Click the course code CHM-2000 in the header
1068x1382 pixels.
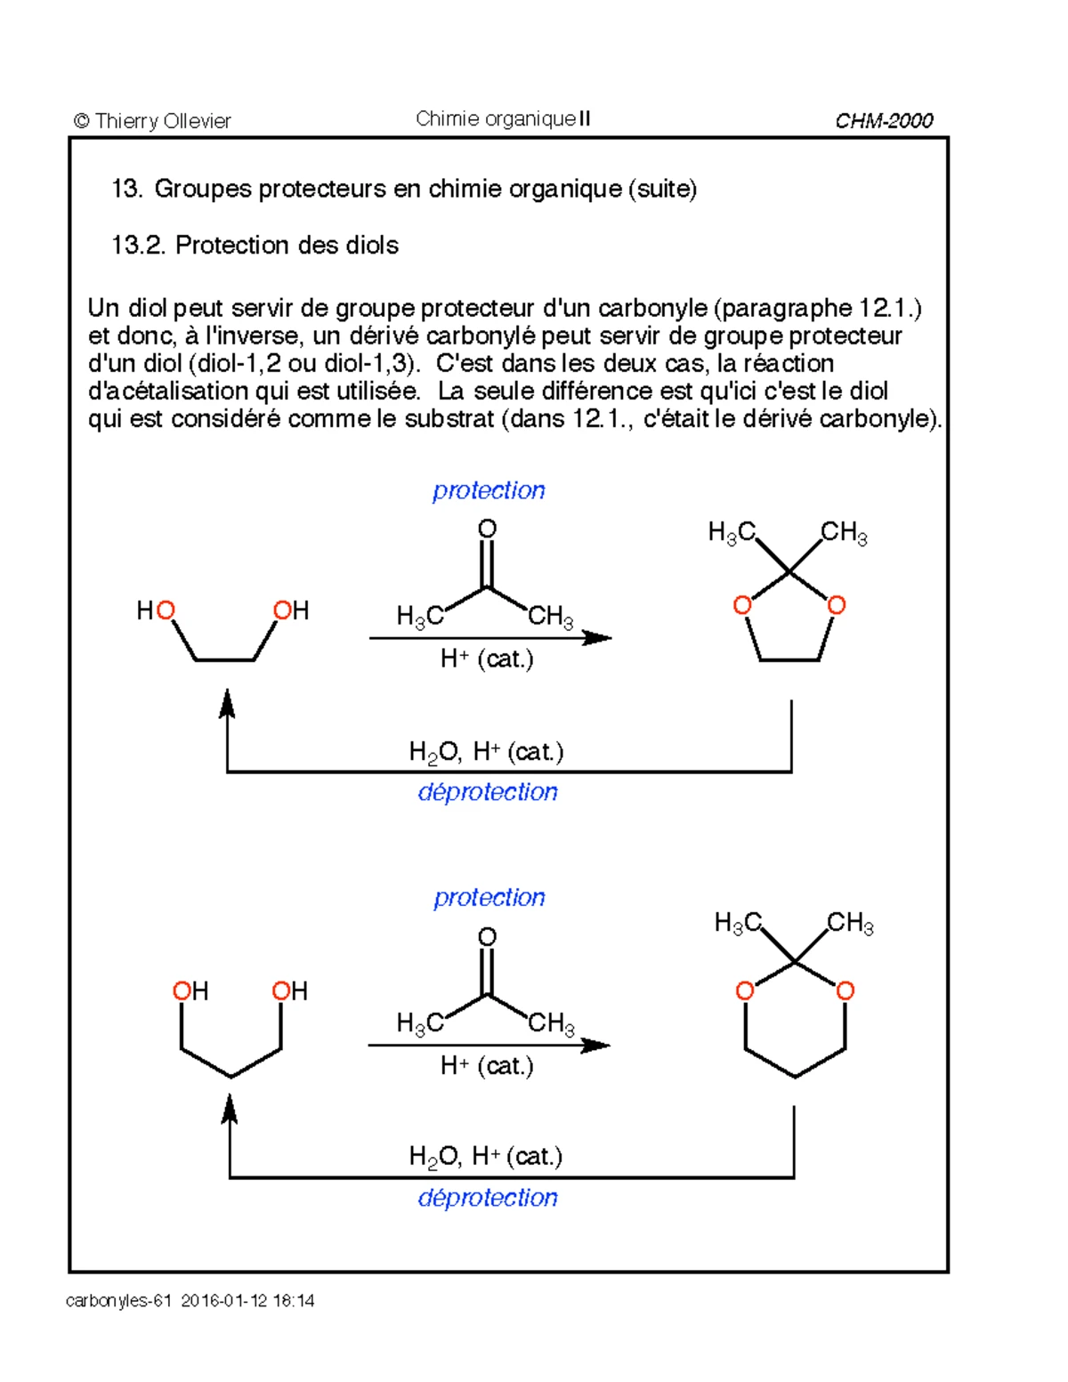(883, 121)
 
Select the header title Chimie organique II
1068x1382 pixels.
(503, 119)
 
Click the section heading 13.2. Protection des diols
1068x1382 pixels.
(255, 245)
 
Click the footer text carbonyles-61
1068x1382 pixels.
(118, 1300)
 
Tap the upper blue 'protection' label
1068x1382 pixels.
(489, 490)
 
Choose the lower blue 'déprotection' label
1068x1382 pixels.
(488, 1198)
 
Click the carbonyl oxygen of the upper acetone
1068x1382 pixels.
(487, 529)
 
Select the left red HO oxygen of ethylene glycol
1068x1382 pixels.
(166, 610)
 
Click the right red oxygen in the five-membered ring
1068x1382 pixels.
(836, 606)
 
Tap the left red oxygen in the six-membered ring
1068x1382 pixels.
(744, 990)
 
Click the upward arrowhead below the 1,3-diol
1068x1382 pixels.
(230, 1110)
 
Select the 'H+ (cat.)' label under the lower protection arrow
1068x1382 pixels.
(487, 1065)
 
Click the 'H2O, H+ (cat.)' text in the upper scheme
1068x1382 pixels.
(486, 752)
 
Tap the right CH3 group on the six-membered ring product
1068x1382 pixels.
(850, 923)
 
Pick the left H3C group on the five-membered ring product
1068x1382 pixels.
(732, 533)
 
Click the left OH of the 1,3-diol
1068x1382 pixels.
(190, 991)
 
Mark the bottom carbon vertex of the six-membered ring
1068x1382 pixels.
(794, 1077)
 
